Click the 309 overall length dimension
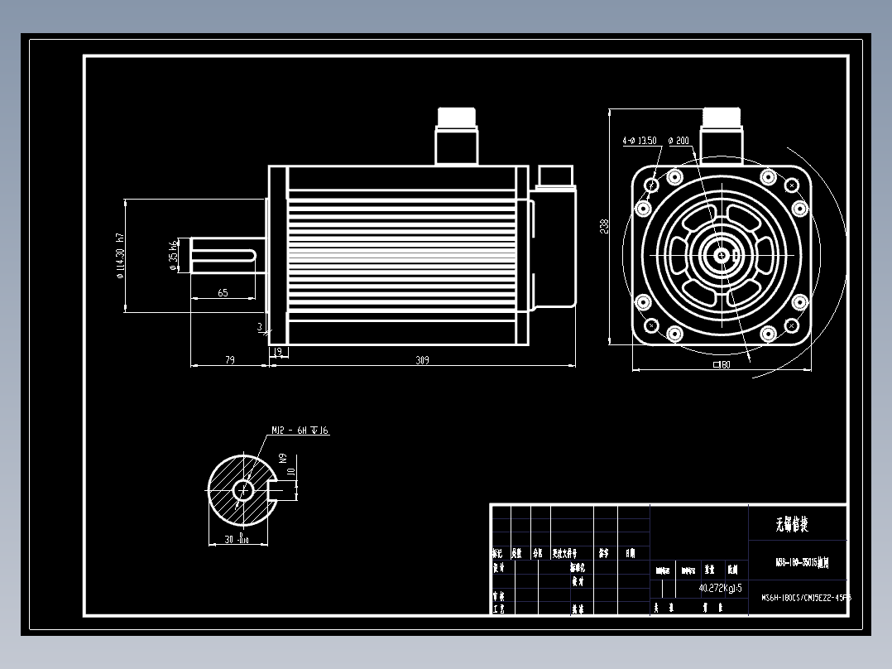point(423,360)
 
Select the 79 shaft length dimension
point(230,360)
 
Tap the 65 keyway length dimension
point(223,293)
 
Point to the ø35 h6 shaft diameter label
point(173,255)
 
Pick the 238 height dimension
point(605,225)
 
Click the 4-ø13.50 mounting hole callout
point(639,141)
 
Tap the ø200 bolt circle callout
point(679,141)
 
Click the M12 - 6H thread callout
point(300,431)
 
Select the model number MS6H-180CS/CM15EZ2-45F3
point(805,596)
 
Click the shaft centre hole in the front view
point(721,255)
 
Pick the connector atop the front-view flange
point(722,132)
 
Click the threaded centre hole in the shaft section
point(242,490)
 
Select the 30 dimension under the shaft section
point(235,539)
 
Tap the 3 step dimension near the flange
point(260,327)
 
